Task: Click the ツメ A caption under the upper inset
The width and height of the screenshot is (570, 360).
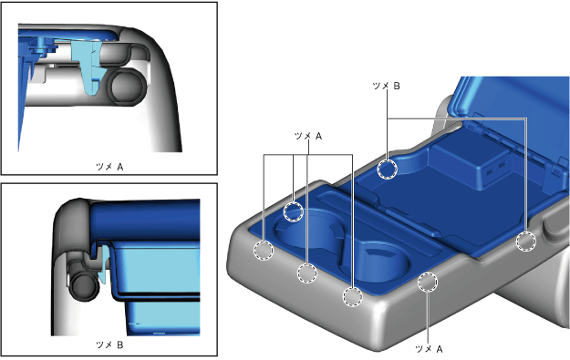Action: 109,167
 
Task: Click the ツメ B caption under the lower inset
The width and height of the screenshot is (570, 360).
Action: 109,345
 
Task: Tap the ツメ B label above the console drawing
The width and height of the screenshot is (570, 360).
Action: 386,86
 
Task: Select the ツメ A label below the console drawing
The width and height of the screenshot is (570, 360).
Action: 429,349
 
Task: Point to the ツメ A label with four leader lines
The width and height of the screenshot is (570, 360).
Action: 308,136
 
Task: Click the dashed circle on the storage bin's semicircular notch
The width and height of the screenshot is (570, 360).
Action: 388,170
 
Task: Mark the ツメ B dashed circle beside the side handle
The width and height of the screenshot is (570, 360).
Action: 526,242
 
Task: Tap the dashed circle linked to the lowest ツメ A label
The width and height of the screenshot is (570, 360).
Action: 428,283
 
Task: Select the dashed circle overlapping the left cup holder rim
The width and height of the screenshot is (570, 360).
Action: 294,211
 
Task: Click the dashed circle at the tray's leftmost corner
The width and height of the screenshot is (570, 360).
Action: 264,251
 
